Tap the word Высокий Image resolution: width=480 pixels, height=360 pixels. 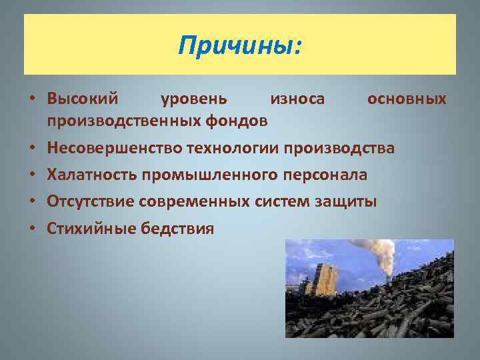tap(83, 99)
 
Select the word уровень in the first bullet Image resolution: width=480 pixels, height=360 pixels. tap(194, 99)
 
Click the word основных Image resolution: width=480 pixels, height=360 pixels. tap(407, 99)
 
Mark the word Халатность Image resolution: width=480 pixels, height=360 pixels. tap(91, 175)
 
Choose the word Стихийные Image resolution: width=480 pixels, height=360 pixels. tap(91, 229)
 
